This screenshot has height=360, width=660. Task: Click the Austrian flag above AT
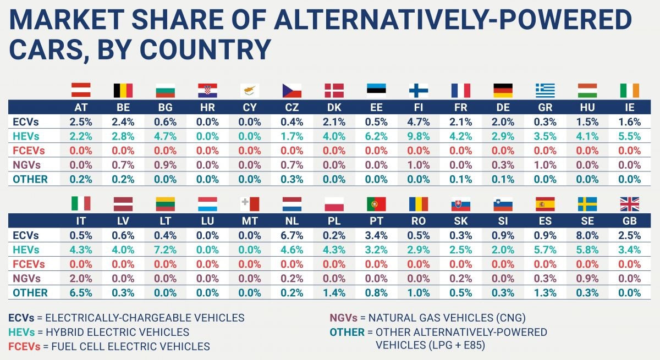pyautogui.click(x=81, y=90)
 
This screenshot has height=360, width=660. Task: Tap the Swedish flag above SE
pyautogui.click(x=587, y=204)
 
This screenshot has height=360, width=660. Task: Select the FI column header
pyautogui.click(x=419, y=107)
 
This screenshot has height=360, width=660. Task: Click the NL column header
pyautogui.click(x=291, y=221)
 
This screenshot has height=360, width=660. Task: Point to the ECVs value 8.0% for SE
pyautogui.click(x=587, y=235)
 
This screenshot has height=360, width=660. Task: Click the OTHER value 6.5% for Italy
pyautogui.click(x=81, y=292)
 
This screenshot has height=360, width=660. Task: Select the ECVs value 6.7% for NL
pyautogui.click(x=291, y=235)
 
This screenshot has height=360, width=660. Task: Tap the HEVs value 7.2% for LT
pyautogui.click(x=165, y=250)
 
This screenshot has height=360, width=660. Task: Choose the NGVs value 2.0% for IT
pyautogui.click(x=81, y=278)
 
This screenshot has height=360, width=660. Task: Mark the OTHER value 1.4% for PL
pyautogui.click(x=334, y=292)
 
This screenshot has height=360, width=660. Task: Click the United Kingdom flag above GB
pyautogui.click(x=630, y=204)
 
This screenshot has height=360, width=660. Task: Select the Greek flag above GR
pyautogui.click(x=545, y=90)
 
